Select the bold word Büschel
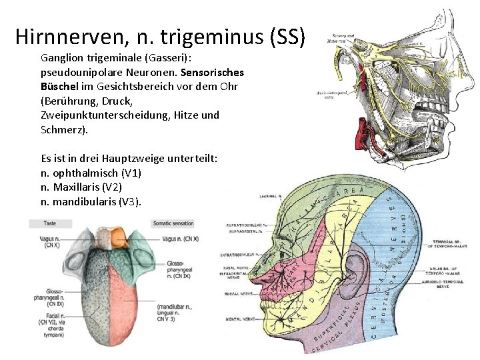59,87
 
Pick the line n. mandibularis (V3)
91,201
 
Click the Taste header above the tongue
50,223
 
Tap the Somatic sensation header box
173,223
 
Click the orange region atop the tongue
117,237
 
